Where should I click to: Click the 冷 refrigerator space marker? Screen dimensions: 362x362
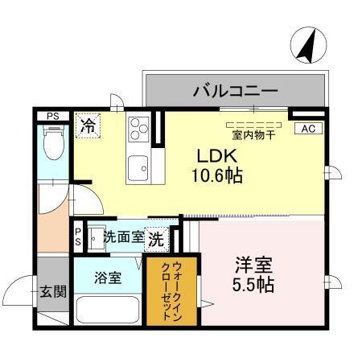(87, 126)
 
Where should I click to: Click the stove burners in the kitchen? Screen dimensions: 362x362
(138, 128)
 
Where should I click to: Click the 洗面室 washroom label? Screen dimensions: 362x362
(124, 238)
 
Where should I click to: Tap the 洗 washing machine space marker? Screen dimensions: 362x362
(157, 238)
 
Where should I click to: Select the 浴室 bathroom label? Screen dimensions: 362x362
(108, 278)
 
